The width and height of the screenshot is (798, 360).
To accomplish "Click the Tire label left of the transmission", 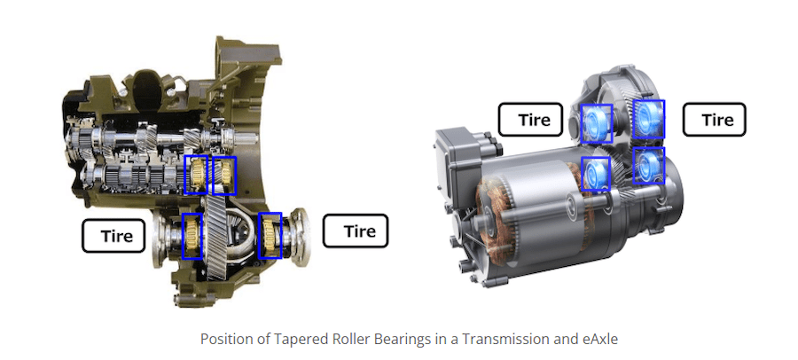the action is pyautogui.click(x=113, y=236).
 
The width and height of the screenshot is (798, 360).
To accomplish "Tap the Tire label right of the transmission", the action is pyautogui.click(x=356, y=231).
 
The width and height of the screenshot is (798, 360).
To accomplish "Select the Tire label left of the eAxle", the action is pyautogui.click(x=530, y=120).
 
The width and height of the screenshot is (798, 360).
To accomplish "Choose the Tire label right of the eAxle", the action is pyautogui.click(x=714, y=120).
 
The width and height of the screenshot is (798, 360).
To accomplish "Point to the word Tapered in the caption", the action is pyautogui.click(x=277, y=340).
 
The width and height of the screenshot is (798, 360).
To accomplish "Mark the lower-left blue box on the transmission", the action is pyautogui.click(x=192, y=236).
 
